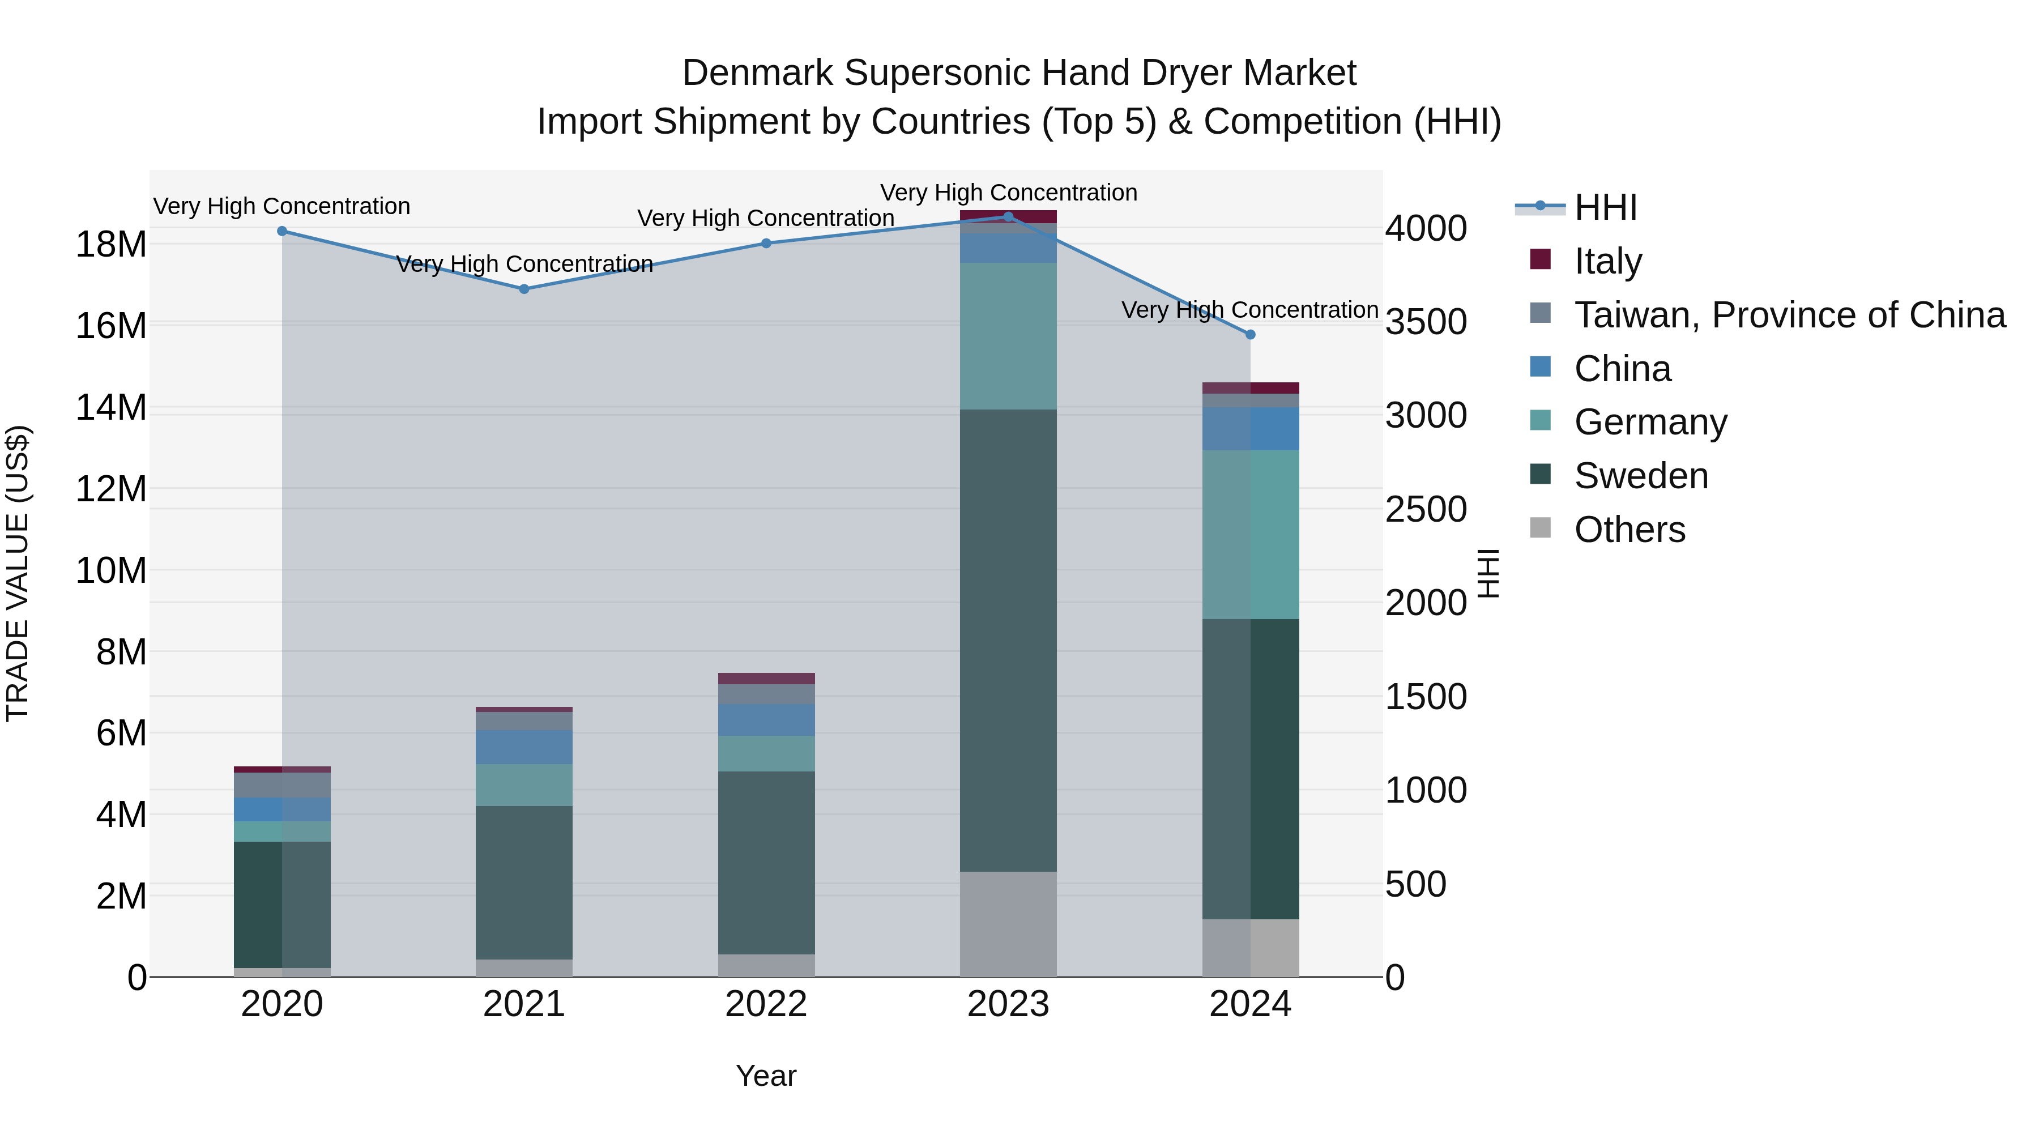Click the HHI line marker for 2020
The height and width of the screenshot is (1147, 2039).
click(282, 231)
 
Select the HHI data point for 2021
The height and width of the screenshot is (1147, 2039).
click(524, 289)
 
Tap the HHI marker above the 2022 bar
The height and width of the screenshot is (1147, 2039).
click(766, 243)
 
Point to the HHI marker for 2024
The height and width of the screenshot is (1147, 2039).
click(1251, 335)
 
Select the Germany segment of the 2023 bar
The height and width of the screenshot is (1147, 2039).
click(1008, 336)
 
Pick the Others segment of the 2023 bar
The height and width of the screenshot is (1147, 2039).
click(1008, 924)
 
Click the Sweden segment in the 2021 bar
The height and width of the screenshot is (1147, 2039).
click(524, 882)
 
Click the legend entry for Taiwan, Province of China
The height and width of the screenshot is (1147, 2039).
click(1789, 314)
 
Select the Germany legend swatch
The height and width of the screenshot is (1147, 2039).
click(1541, 420)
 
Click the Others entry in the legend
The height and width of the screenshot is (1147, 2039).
click(1629, 529)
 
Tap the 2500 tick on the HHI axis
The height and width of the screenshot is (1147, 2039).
click(1426, 509)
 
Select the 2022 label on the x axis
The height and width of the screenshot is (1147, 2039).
click(766, 1004)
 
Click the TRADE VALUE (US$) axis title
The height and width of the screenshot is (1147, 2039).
click(18, 573)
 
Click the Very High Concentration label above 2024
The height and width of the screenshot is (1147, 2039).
click(1250, 309)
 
